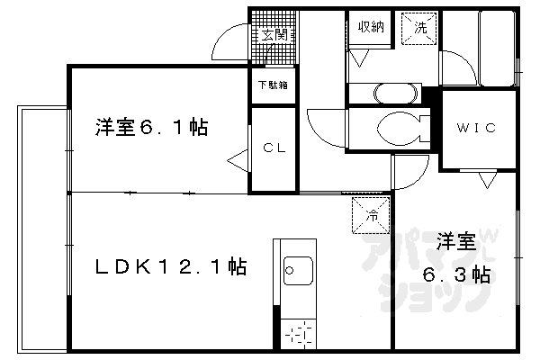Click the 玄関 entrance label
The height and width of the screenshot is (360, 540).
point(274,35)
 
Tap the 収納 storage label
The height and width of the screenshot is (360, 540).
point(371,26)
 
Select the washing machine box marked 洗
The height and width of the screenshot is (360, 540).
point(419,28)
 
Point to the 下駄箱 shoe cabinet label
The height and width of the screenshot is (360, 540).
point(273,85)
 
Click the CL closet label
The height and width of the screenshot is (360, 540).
point(274,148)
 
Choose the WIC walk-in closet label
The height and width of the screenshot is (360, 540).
point(476,128)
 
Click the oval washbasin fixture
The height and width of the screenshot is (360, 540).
point(395,94)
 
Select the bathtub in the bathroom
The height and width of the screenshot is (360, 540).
point(497,49)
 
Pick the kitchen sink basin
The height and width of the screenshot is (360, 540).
point(298,271)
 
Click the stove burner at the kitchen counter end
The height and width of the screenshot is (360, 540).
point(298,334)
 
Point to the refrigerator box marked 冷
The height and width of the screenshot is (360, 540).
point(371,215)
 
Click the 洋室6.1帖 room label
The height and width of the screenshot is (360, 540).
point(151,128)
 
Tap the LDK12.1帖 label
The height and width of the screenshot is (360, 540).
point(171,266)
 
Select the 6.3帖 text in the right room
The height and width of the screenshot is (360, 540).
point(456,274)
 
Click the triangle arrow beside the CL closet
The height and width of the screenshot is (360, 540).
point(238,161)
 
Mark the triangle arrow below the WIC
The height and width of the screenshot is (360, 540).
point(487,180)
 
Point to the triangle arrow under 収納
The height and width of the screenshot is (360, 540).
point(360,58)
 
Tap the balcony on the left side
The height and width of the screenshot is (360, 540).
point(43,229)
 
